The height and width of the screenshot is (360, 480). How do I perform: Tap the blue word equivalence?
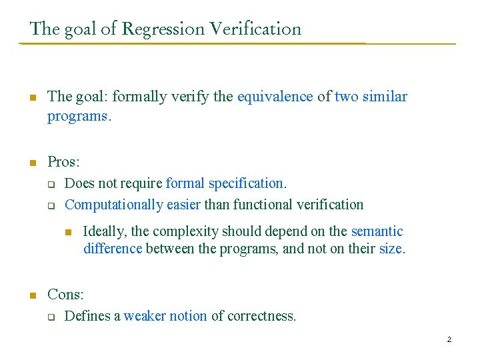pos(275,97)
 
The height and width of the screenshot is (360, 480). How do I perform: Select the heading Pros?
pos(63,162)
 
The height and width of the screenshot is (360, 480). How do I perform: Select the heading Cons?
pos(65,295)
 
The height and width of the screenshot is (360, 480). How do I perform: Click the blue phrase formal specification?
pos(225,183)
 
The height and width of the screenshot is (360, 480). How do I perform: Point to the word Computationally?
pos(113,205)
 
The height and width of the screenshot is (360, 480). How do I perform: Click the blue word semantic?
pos(377,232)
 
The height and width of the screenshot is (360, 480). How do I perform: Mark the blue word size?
pos(390,249)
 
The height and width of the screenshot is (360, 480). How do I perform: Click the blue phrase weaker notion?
pos(165,316)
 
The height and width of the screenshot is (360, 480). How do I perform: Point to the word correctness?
pos(261,316)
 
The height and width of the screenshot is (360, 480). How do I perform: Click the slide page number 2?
pos(449,340)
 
